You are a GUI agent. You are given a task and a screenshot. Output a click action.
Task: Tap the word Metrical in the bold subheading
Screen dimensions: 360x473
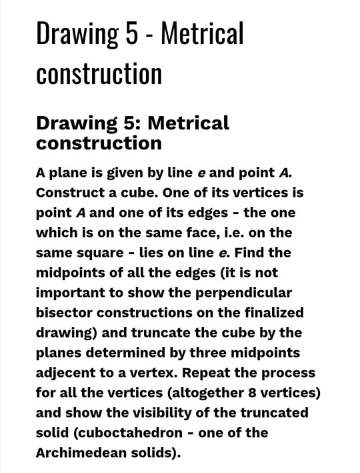click(188, 123)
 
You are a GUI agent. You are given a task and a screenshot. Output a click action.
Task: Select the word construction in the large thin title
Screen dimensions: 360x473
click(99, 73)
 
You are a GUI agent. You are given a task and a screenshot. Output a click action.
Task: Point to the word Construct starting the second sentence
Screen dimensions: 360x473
click(73, 193)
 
